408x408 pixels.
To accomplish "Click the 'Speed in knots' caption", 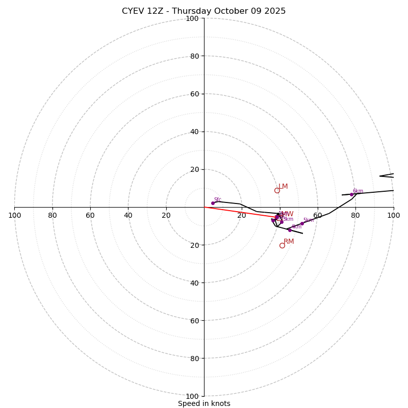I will (x=204, y=403).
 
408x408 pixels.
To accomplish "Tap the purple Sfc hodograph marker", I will (x=213, y=203).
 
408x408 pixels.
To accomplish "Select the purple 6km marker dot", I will (x=351, y=194).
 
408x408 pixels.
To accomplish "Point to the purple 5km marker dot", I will (x=302, y=223).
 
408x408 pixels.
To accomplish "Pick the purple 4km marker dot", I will (x=290, y=230).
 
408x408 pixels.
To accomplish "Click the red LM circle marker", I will (x=277, y=191).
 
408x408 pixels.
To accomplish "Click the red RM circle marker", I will (x=282, y=246).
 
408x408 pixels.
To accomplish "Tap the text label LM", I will (x=283, y=187).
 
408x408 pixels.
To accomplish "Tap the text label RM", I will (x=289, y=241).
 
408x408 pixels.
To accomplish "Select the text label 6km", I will (x=358, y=191).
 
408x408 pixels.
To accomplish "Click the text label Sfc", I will (x=218, y=200).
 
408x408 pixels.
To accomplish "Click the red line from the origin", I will (x=240, y=212).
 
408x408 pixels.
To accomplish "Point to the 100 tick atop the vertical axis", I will (x=192, y=18).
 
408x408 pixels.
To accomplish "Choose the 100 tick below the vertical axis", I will (x=192, y=396).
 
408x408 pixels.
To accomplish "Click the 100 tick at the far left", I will (x=14, y=215).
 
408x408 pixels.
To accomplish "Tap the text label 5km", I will (x=309, y=220).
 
